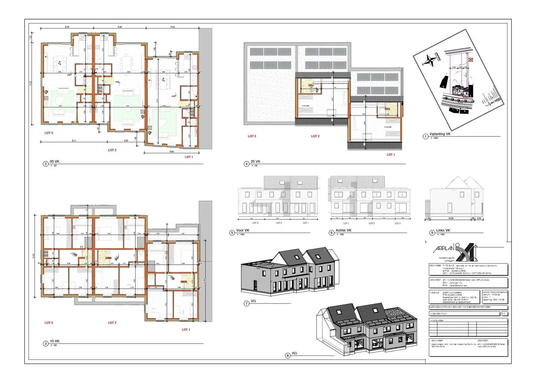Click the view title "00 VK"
pos(54,161)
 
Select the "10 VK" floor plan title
pos(54,341)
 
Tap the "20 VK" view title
pos(255,161)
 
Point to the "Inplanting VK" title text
pos(440,134)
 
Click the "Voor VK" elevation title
pos(243,230)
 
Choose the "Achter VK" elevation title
pos(343,230)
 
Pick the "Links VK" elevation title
pos(443,230)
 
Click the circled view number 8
pos(288,356)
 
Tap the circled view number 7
pos(246,303)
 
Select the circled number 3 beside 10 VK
pos(46,344)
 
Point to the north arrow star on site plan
pos(430,60)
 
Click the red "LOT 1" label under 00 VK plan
pos(189,157)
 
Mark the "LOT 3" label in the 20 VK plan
pos(252,136)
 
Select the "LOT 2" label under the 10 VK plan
pos(112,323)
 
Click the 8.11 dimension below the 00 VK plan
pos(74,141)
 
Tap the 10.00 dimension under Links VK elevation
pos(450,219)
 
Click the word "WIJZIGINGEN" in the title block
pos(437,321)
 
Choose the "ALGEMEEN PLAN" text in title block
pos(438,314)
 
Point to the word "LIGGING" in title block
pos(435,292)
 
